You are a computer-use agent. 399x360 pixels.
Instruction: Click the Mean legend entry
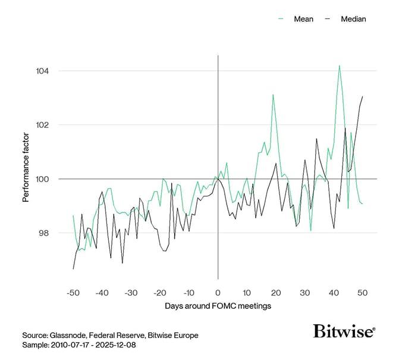coord(303,19)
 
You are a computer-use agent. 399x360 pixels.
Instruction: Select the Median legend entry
coord(353,19)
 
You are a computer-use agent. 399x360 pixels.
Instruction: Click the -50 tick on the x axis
coord(73,293)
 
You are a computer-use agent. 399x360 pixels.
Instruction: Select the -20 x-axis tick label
coord(160,293)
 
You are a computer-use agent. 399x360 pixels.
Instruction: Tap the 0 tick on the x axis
coord(218,293)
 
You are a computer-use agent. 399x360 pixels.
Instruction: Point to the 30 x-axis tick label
coord(305,293)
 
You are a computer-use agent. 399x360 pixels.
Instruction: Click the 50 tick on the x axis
coord(363,293)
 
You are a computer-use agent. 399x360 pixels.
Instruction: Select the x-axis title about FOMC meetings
coord(218,306)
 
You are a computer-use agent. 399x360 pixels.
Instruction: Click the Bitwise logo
coord(344,331)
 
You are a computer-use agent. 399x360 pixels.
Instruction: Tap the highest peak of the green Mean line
coord(340,65)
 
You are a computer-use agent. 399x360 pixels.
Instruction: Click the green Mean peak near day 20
coord(273,95)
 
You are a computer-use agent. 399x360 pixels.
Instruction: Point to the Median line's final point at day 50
coord(363,96)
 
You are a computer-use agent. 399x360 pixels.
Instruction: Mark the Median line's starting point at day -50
coord(73,269)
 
